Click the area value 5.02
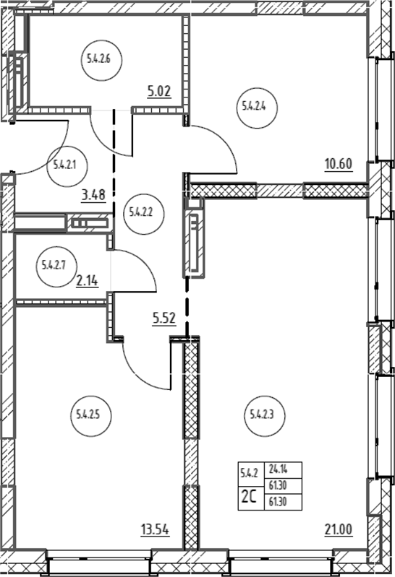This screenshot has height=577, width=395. click(x=159, y=91)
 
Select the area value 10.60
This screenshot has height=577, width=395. click(x=339, y=164)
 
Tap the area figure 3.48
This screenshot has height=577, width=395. click(x=93, y=195)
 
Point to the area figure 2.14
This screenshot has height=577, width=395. click(x=87, y=281)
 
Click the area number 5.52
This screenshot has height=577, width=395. click(x=164, y=318)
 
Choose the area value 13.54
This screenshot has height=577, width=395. click(x=156, y=530)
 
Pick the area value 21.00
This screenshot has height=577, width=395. click(x=339, y=529)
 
